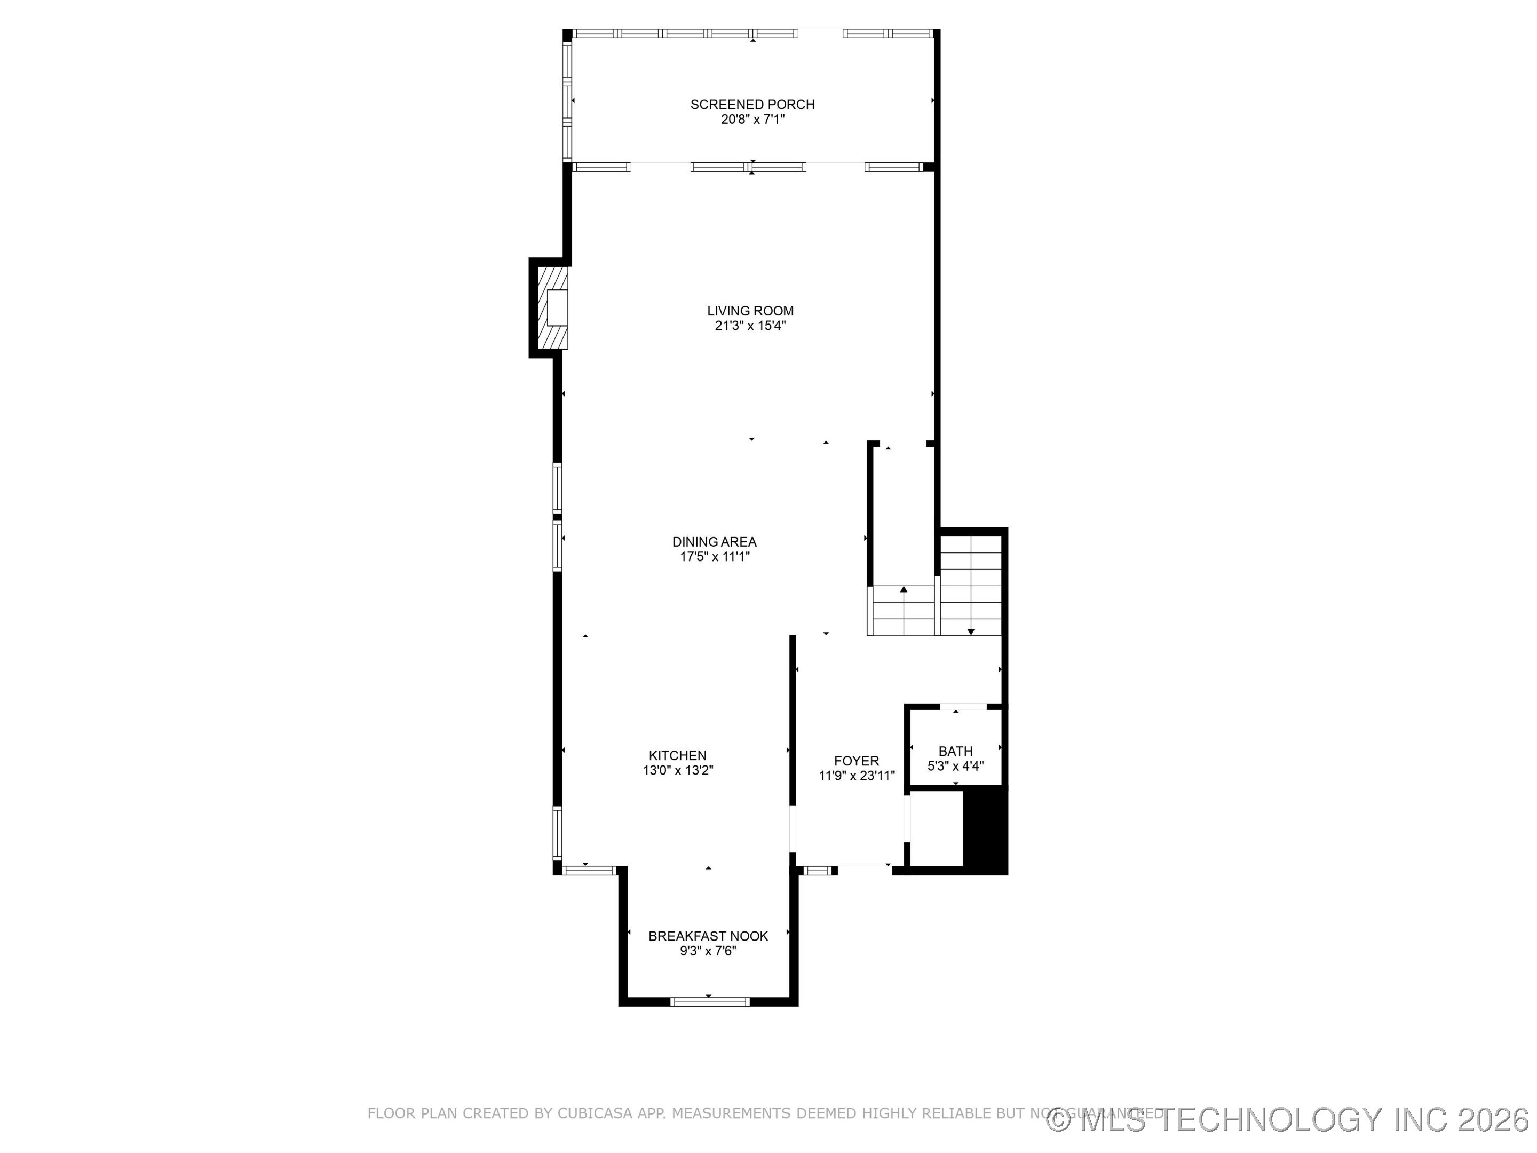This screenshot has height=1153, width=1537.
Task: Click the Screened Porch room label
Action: coord(752,104)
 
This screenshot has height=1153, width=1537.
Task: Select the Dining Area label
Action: coord(714,541)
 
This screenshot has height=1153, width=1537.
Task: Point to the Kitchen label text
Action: coord(677,755)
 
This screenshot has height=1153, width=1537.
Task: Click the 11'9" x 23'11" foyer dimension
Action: coord(856,776)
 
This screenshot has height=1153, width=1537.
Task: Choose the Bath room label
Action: coord(955,751)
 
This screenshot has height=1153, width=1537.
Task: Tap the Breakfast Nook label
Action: coord(708,936)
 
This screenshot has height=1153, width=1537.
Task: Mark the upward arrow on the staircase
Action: coord(904,591)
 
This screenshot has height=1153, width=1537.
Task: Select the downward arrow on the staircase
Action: coord(971,631)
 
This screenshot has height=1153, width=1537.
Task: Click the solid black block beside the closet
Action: coord(985,830)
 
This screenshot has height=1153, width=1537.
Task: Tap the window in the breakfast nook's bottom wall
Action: coord(709,1001)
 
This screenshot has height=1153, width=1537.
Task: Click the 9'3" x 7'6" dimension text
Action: coord(708,951)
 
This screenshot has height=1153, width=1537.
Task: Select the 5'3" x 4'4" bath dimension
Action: coord(955,767)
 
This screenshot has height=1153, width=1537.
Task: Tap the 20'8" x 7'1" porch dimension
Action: coord(752,120)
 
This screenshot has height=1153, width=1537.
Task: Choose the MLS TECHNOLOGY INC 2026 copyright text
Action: coord(1289,1120)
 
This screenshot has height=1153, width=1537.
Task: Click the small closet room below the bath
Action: coord(935,829)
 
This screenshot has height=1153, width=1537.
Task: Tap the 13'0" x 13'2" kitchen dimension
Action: coord(677,771)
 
